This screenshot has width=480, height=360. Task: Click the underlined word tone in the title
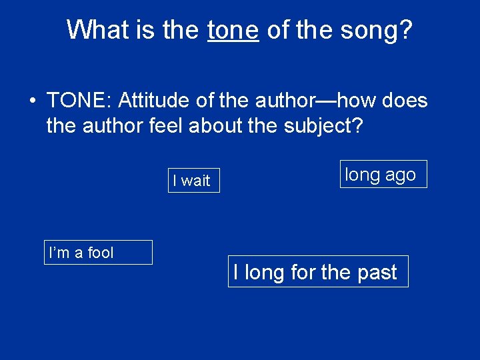(233, 29)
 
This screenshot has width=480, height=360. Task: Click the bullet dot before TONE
(31, 101)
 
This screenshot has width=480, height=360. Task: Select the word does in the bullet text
(407, 101)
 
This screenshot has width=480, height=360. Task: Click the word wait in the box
(195, 181)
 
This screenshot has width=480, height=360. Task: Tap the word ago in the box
(400, 175)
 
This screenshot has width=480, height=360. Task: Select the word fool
(100, 253)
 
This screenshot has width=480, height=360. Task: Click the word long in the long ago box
(362, 175)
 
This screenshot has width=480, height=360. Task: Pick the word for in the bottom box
(303, 272)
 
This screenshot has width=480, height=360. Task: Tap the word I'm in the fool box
(59, 253)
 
